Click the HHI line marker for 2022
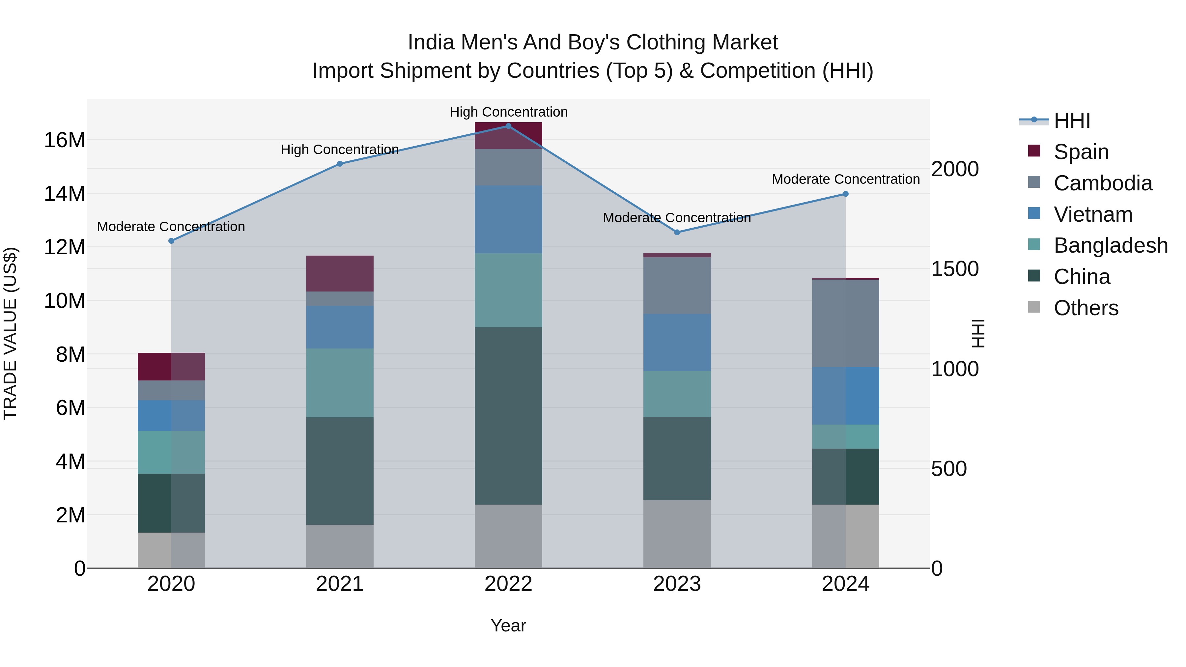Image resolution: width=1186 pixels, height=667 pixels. coord(508,126)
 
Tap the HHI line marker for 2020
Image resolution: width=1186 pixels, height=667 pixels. coord(171,241)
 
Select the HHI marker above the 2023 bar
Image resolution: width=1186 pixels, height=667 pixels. coord(677,233)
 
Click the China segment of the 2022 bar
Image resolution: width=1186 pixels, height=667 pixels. coord(508,416)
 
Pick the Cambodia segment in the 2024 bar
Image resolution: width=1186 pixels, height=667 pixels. coord(845,323)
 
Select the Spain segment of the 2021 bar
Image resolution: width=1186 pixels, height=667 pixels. coord(340,273)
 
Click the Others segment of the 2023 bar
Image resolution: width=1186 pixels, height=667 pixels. coord(677,534)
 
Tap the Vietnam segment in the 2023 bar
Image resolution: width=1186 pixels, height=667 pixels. coord(677,343)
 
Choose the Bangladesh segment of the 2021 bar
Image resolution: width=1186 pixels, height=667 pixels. coord(340,383)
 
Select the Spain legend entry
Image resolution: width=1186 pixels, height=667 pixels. coord(1081,152)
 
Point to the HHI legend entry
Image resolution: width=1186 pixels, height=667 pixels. coord(1071,121)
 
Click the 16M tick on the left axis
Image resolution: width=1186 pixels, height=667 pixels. coord(65,140)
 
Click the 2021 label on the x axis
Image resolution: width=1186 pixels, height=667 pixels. coord(340,584)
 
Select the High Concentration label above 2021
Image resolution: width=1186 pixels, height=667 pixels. coord(340,150)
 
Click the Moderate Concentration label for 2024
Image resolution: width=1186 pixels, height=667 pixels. coord(845,179)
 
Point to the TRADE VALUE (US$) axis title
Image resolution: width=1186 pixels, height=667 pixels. coord(10,333)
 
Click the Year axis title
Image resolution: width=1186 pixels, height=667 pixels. coord(508,625)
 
